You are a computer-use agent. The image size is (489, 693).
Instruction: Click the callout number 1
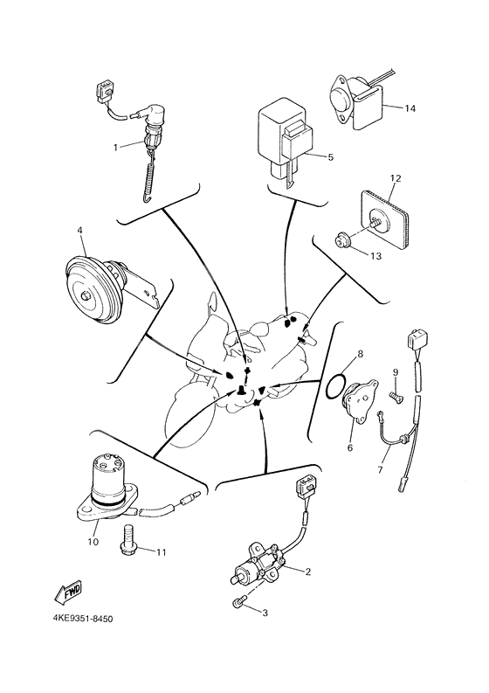point(115,147)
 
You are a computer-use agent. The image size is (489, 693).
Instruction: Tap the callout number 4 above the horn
point(79,232)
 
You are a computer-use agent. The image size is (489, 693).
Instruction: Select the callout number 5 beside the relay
point(331,157)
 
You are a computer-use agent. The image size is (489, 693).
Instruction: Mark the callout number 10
point(93,541)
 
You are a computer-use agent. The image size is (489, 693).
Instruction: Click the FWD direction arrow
point(70,594)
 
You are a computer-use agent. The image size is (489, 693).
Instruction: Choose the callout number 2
point(308,572)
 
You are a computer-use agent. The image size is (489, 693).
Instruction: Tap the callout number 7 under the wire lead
point(378,470)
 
